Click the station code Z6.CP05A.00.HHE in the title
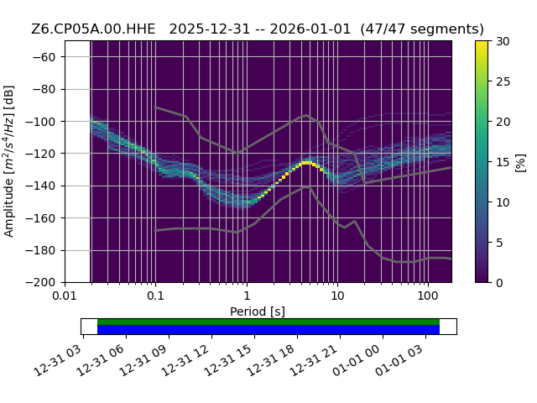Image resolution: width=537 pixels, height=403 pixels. point(93,29)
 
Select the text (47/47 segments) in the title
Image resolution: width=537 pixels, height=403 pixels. point(422,29)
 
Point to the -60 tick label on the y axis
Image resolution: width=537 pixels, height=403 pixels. point(44,57)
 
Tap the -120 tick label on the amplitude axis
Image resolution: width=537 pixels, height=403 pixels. point(40,154)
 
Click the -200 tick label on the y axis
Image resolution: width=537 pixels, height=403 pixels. point(40,283)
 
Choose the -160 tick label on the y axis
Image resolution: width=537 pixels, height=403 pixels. point(40,218)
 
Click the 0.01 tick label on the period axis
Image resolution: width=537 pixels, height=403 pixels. point(65,296)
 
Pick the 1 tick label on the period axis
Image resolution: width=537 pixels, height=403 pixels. point(247,296)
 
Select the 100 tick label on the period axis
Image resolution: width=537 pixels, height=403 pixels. point(428,296)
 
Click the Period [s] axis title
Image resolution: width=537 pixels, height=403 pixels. point(258,311)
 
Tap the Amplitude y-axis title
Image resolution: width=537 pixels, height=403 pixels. point(8,161)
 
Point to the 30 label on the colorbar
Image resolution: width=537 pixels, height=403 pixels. point(503,41)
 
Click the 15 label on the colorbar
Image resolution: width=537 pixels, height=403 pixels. point(503,162)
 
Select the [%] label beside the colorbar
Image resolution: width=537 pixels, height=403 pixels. point(520,163)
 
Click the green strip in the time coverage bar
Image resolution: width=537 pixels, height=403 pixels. point(268,322)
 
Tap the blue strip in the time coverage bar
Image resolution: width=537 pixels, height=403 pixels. point(268,329)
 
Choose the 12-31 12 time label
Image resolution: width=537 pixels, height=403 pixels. point(185,360)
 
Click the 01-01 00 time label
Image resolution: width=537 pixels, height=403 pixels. point(357,360)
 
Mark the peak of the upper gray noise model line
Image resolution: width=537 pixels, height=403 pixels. point(306,115)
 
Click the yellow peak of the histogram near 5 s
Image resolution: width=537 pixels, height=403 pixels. point(306,162)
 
